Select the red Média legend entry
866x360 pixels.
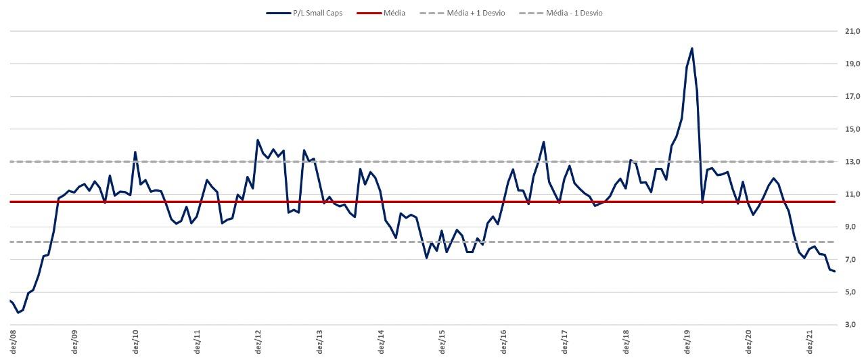(393, 13)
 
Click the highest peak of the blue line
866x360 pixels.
(691, 48)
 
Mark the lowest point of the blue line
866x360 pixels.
(18, 313)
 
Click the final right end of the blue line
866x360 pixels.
(835, 271)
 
